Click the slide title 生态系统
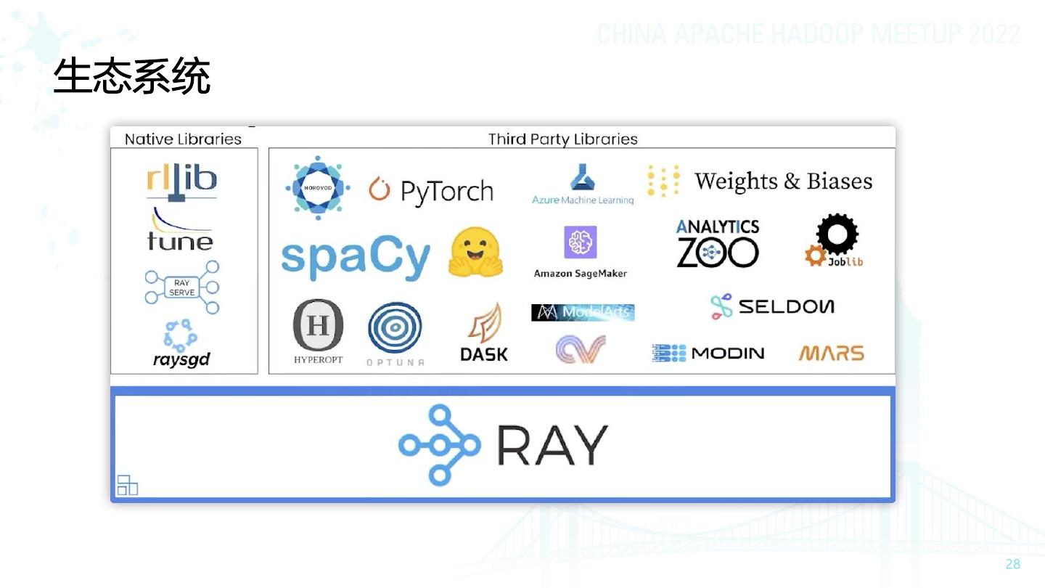point(131,77)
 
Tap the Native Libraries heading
point(183,139)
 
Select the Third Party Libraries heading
point(562,139)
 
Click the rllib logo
point(181,181)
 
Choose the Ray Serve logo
point(181,287)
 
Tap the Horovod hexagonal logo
point(317,187)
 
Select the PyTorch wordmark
point(446,191)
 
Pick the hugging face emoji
point(476,253)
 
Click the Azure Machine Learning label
point(583,200)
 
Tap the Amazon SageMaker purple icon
point(580,242)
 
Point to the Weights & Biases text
point(783,181)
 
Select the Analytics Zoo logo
point(718,244)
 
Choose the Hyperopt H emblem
point(318,325)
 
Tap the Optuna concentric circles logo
point(395,328)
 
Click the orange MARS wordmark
point(831,354)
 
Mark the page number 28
point(1012,564)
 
